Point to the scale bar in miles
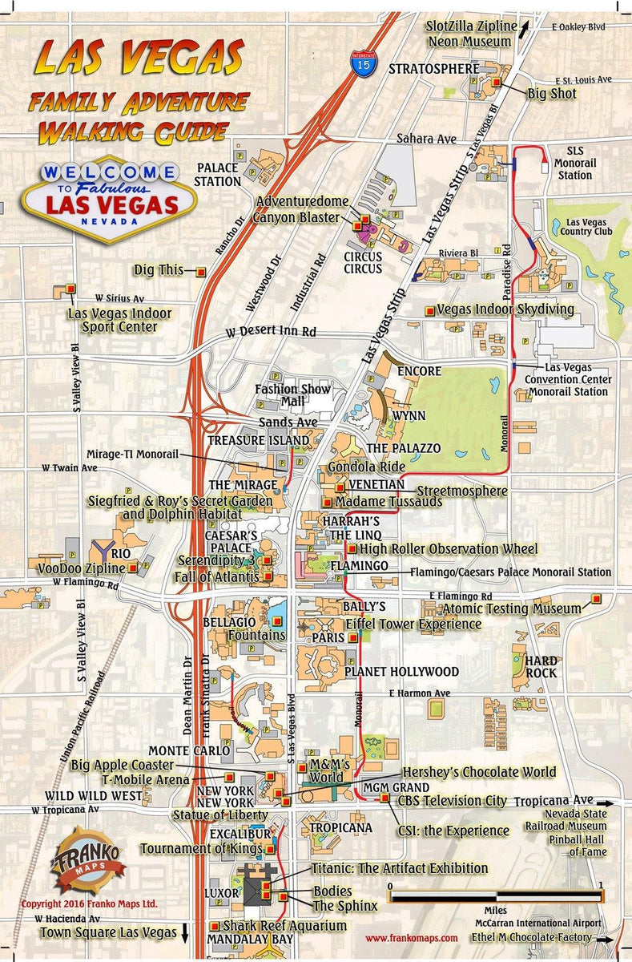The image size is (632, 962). tap(495, 897)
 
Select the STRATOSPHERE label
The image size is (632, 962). tap(433, 69)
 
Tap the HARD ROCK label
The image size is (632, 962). tap(541, 667)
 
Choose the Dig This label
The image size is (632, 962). tap(160, 270)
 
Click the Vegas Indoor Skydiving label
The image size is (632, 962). tap(505, 309)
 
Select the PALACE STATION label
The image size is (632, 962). tap(219, 175)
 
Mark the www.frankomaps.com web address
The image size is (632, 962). tap(411, 937)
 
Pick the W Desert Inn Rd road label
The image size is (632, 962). tap(270, 330)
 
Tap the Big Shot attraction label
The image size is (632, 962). tap(551, 94)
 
